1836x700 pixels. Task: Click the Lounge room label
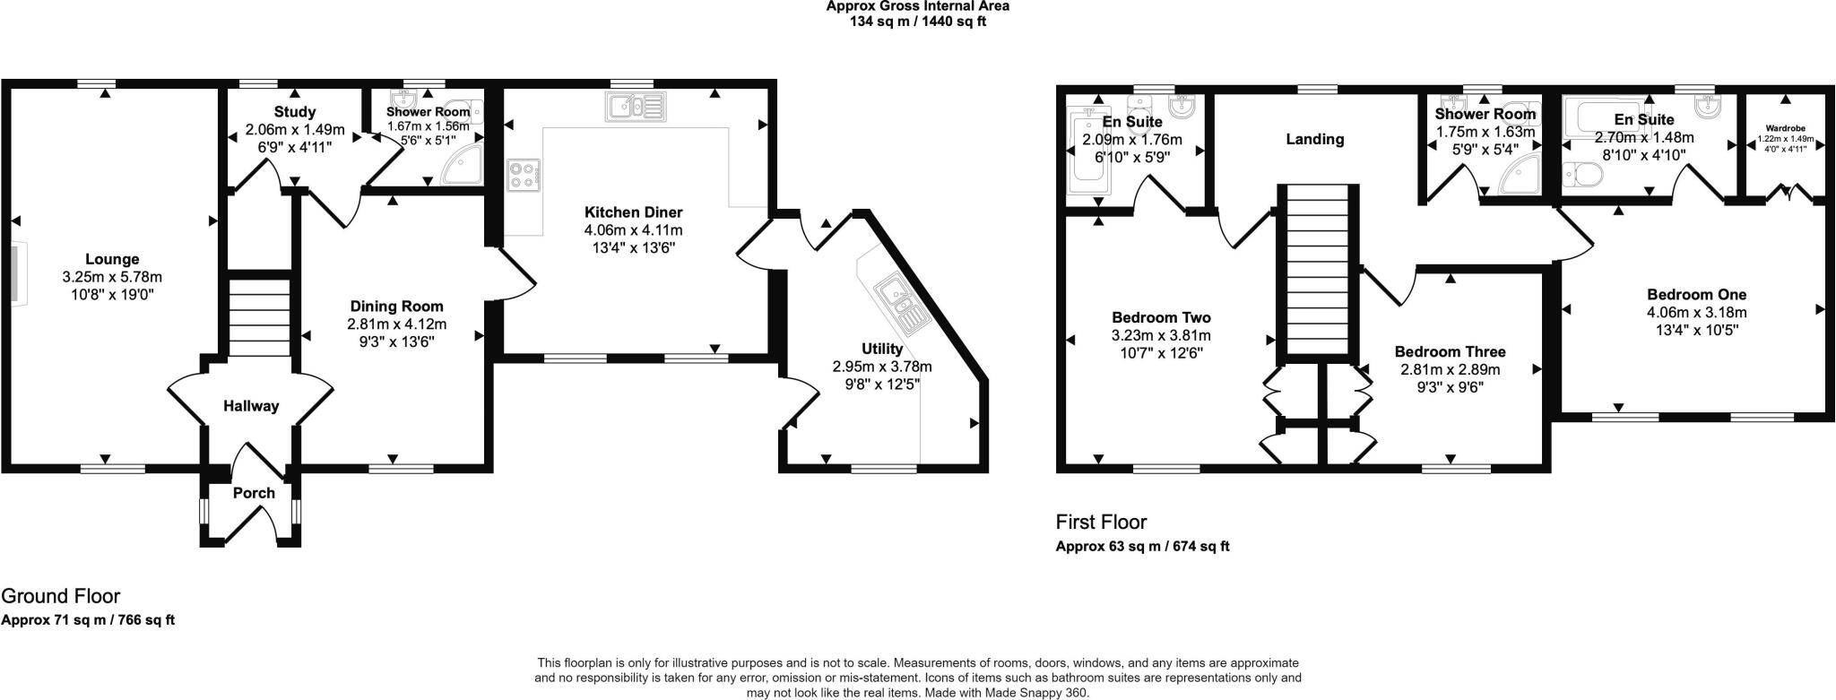112,260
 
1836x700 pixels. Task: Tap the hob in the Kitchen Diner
522,174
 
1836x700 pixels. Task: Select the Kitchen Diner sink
635,108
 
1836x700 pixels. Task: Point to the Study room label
294,112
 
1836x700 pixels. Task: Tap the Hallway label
251,406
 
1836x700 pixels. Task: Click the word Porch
254,493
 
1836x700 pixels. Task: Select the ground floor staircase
257,318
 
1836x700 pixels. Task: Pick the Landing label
1314,139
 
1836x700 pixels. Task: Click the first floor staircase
1317,269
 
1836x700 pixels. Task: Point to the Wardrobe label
1785,127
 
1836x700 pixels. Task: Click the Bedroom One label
1696,294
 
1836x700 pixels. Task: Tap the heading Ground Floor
60,596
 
